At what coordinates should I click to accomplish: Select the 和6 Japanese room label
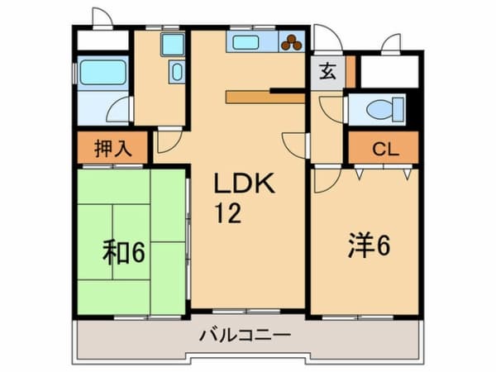(x=124, y=250)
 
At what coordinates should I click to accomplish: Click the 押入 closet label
(x=112, y=149)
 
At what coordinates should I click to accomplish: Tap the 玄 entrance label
(x=327, y=71)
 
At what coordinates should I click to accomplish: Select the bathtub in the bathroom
(x=103, y=73)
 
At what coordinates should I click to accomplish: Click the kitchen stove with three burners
(x=292, y=43)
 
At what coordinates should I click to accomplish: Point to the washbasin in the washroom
(x=177, y=72)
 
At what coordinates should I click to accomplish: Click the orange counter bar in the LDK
(x=265, y=97)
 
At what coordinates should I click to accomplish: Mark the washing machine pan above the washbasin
(x=172, y=44)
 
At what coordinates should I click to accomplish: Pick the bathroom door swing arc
(x=121, y=108)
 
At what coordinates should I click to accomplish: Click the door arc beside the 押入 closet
(x=167, y=139)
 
